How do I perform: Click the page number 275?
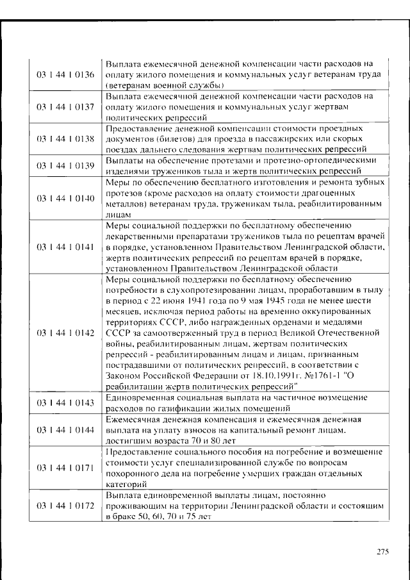(x=382, y=551)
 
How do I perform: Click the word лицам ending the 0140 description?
(x=118, y=215)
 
